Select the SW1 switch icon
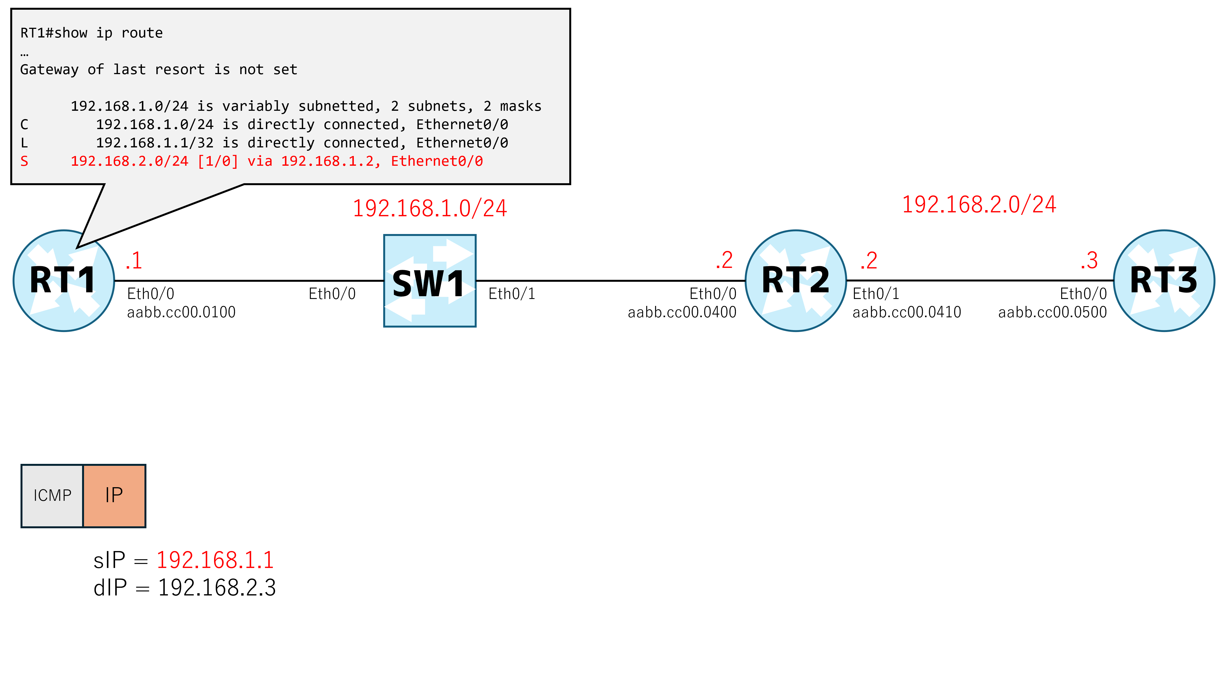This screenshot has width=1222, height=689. click(x=430, y=281)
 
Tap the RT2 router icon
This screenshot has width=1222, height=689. click(x=796, y=281)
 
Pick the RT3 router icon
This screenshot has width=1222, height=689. click(x=1164, y=281)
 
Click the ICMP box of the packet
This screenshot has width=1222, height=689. click(x=52, y=496)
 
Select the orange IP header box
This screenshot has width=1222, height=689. click(x=114, y=496)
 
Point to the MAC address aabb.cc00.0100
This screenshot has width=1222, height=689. click(x=181, y=312)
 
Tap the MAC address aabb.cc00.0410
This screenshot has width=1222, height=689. click(x=906, y=312)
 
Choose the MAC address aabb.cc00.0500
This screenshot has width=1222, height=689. click(x=1052, y=312)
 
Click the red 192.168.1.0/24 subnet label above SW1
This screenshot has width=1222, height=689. click(x=430, y=208)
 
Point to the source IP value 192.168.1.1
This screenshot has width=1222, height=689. click(x=215, y=560)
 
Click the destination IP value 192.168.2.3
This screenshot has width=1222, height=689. click(x=217, y=588)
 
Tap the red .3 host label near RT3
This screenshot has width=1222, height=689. click(x=1089, y=260)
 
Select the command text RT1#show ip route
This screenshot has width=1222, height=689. click(x=92, y=33)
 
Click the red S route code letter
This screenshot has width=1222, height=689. click(x=24, y=162)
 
